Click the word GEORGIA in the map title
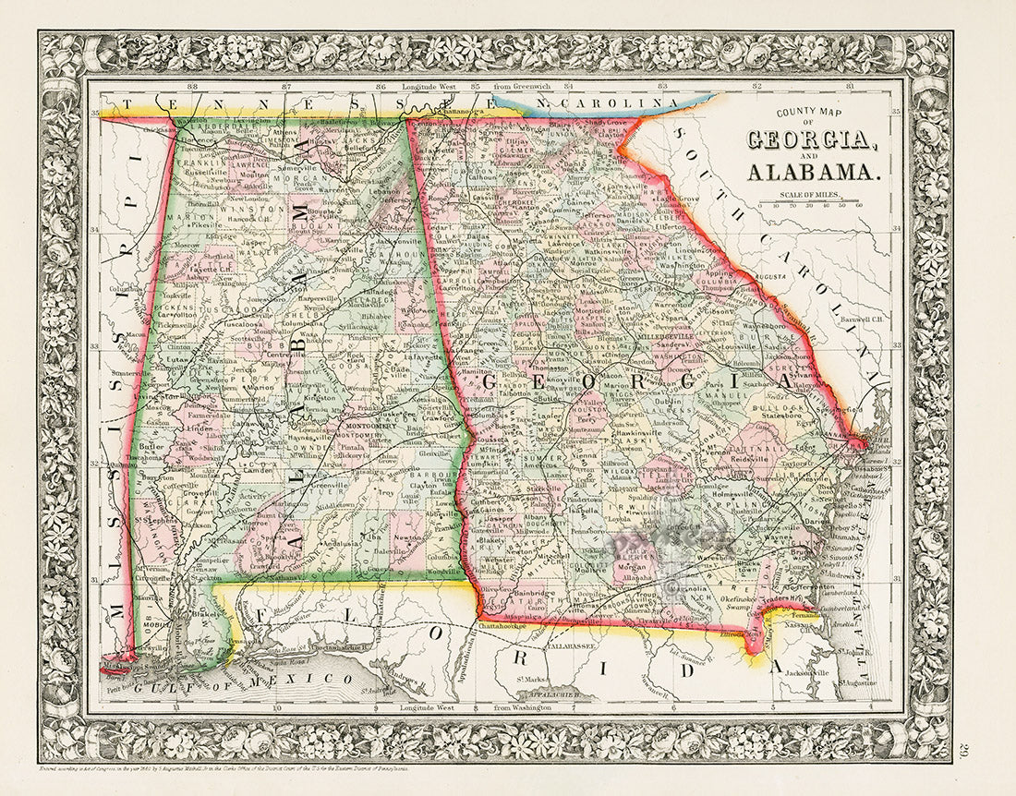[810, 141]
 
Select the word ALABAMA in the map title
[813, 172]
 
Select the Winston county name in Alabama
[239, 208]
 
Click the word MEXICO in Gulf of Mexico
[314, 681]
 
